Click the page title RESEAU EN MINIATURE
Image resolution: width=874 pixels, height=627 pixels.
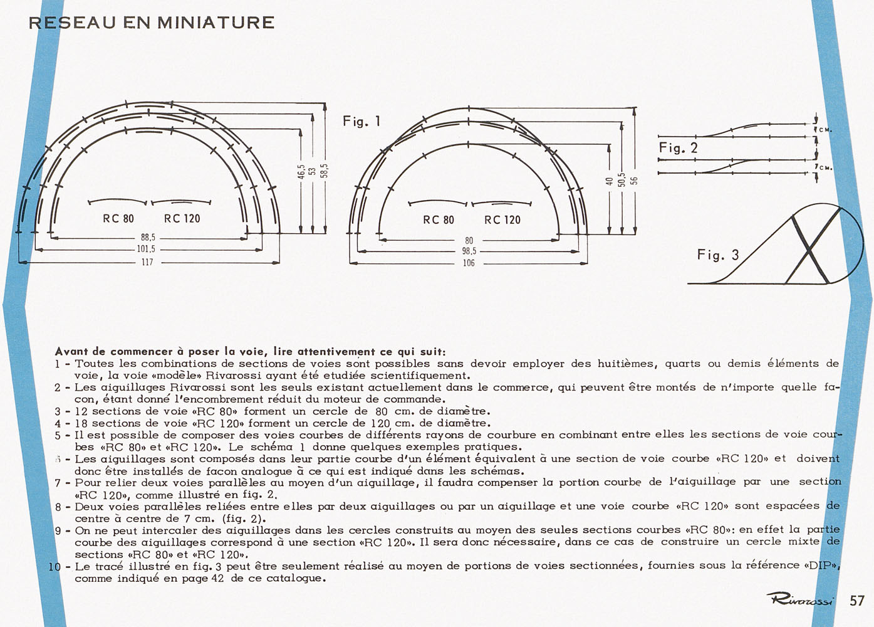coord(152,23)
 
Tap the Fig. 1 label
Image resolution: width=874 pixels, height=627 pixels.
coord(362,122)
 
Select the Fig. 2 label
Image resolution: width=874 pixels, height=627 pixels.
coord(678,148)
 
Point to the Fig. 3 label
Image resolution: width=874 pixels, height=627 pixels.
coord(719,255)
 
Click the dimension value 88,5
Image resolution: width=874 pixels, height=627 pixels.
coord(148,238)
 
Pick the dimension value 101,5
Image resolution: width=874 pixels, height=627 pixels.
coord(146,249)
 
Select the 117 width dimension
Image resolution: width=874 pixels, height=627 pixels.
coord(147,262)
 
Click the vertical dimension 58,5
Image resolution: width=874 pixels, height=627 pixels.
coord(325,171)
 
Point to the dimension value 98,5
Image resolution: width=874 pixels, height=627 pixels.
coord(469,251)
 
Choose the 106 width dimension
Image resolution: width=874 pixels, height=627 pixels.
coord(469,263)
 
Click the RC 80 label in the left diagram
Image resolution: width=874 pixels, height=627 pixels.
coord(118,219)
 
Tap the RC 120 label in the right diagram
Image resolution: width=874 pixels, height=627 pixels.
coord(502,220)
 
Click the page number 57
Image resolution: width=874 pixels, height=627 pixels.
coord(857,601)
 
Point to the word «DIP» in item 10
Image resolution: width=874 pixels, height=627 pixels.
coord(823,566)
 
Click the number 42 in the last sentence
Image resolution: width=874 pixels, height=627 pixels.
coord(218,578)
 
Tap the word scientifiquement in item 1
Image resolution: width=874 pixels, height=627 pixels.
coord(420,376)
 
